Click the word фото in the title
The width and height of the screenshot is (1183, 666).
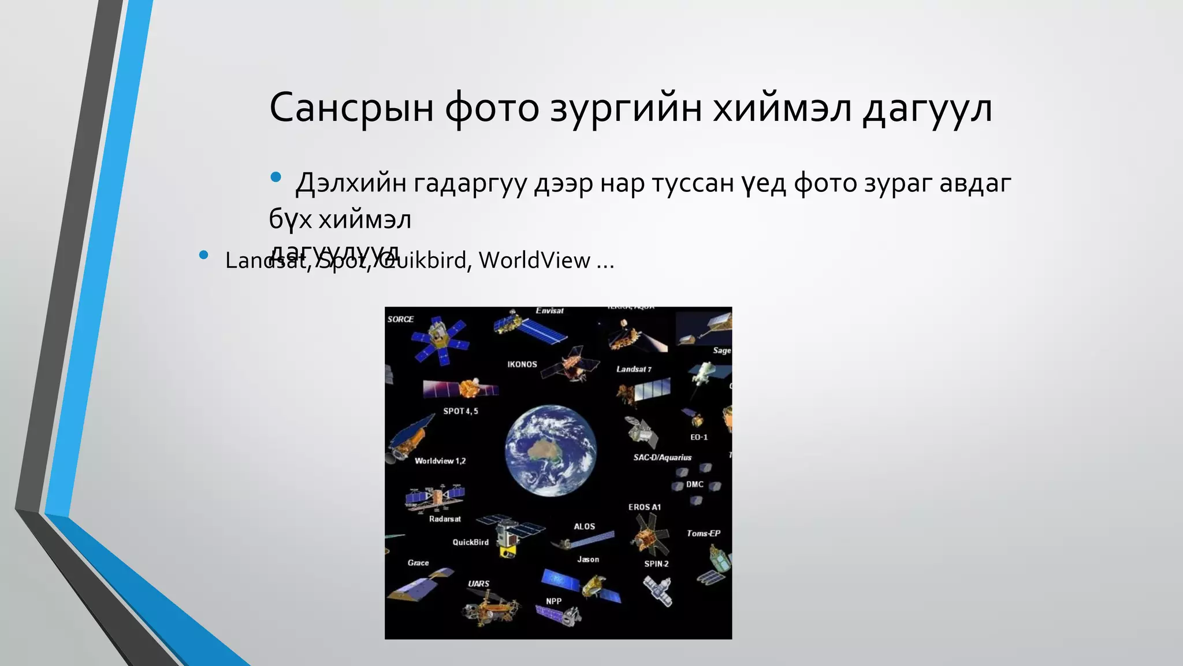(492, 108)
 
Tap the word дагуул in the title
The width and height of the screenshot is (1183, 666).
(928, 108)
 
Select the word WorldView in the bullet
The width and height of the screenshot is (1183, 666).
(534, 260)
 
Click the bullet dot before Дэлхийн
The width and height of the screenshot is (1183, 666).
(276, 177)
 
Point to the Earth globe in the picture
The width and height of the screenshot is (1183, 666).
(550, 450)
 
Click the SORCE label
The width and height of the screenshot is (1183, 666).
(400, 319)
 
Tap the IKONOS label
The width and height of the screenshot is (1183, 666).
(522, 364)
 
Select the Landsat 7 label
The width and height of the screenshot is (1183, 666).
(634, 369)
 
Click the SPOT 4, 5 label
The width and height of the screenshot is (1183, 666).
(460, 411)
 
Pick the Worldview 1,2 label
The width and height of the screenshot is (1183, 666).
(440, 461)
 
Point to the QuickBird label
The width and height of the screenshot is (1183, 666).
(470, 542)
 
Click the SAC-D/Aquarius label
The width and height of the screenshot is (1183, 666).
(662, 457)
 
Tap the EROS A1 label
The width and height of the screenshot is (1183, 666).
(645, 507)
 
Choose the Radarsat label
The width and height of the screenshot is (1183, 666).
(445, 519)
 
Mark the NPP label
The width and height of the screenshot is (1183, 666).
(553, 601)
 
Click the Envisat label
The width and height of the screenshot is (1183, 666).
(549, 311)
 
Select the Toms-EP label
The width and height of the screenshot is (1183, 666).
(703, 533)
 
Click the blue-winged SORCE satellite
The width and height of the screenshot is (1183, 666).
(439, 343)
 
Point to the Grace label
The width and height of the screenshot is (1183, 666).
(418, 563)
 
